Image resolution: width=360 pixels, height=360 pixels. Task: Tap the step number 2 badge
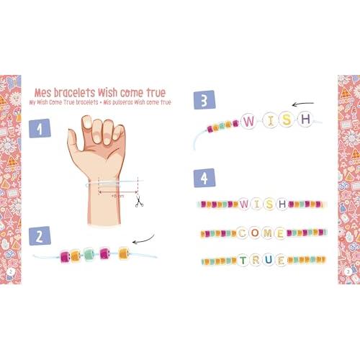coord(39,235)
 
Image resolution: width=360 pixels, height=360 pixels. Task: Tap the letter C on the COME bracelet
coord(242,233)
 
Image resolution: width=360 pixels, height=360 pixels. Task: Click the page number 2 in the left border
coord(12,271)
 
